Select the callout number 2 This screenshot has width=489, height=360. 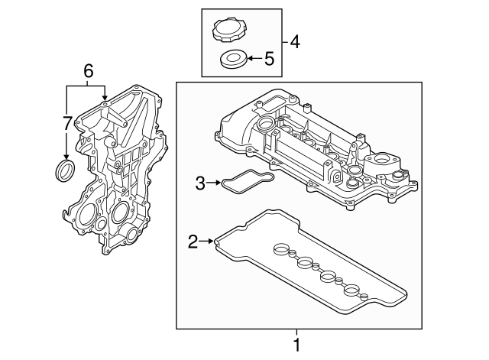(193, 243)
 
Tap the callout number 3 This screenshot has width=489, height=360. (200, 183)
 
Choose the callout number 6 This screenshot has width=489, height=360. (88, 70)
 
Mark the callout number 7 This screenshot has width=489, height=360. (67, 122)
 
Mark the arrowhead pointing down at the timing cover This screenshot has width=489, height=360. (105, 98)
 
